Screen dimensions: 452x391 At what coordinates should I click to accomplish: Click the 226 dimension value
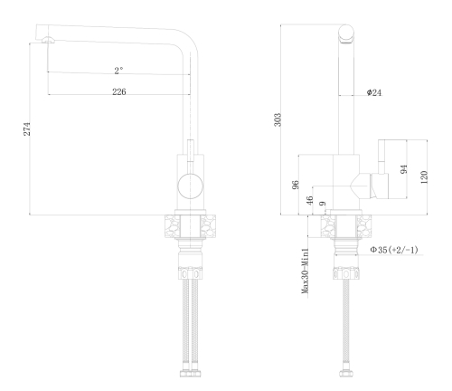[x=119, y=91]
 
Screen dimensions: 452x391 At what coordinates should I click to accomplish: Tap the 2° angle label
[x=118, y=71]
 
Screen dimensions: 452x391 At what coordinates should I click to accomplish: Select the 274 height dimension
[x=27, y=129]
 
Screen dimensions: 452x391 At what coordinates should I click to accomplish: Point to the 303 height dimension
[x=278, y=119]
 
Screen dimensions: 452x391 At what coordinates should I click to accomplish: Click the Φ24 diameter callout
[x=374, y=92]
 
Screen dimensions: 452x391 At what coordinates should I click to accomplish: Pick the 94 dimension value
[x=403, y=169]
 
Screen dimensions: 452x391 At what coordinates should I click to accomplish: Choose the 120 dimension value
[x=424, y=177]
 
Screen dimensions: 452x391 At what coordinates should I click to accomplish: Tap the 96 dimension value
[x=296, y=185]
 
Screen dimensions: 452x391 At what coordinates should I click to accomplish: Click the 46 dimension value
[x=309, y=200]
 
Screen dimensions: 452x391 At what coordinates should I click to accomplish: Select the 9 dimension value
[x=323, y=204]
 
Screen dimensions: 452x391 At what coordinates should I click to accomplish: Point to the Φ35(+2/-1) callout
[x=394, y=250]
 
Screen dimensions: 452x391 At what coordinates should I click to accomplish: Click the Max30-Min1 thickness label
[x=306, y=271]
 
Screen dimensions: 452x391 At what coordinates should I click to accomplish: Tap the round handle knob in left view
[x=190, y=186]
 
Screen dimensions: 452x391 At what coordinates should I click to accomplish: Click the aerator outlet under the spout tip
[x=48, y=40]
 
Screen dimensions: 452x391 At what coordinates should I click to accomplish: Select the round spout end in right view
[x=346, y=33]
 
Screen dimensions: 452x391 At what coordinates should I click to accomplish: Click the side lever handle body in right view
[x=379, y=186]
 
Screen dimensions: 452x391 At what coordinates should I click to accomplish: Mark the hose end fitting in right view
[x=346, y=374]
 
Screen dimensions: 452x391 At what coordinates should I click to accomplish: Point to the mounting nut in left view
[x=190, y=274]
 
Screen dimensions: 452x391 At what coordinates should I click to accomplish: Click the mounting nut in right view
[x=346, y=273]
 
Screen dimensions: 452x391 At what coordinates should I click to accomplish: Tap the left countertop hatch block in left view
[x=173, y=226]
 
